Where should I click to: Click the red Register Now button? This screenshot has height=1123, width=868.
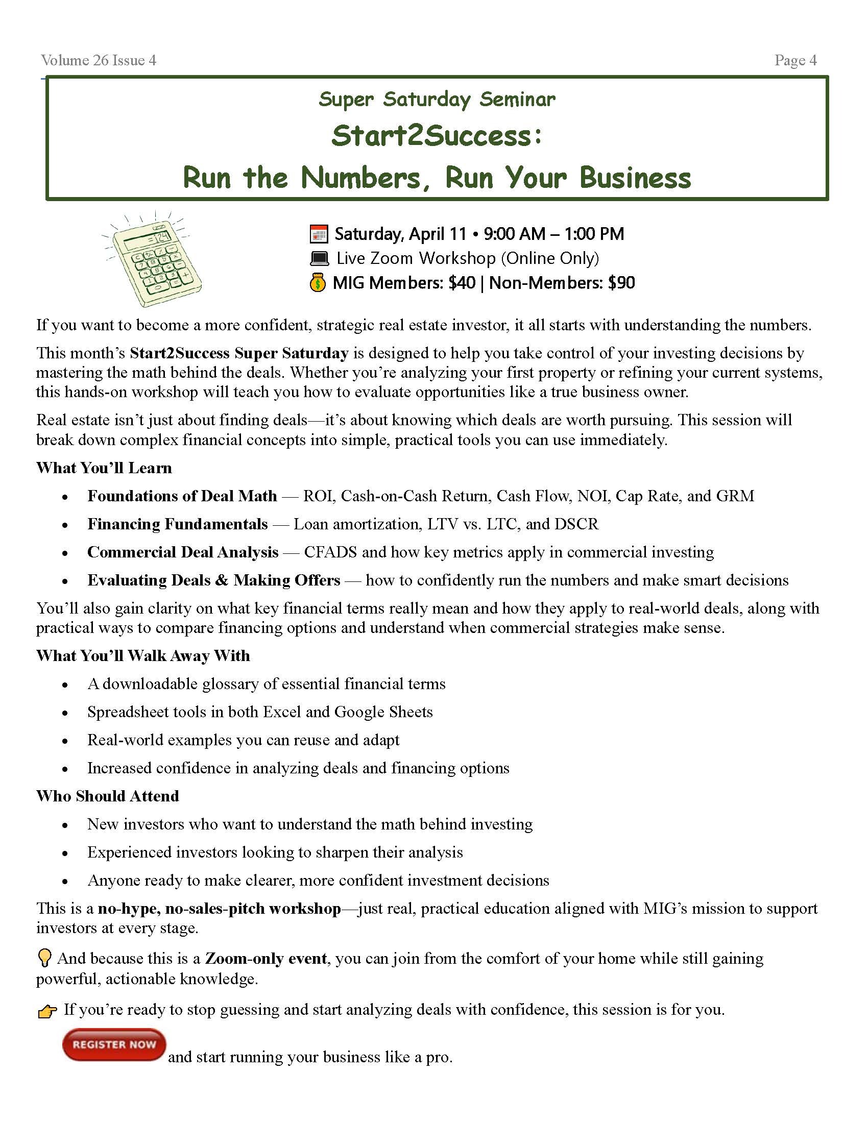[114, 1044]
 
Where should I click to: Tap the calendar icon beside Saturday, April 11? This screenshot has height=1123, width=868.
[319, 234]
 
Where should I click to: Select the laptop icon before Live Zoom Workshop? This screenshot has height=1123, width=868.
[319, 258]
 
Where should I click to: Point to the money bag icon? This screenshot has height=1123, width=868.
[318, 283]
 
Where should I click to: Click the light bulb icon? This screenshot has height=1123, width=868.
[45, 958]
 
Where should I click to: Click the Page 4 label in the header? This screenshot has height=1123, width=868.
[795, 60]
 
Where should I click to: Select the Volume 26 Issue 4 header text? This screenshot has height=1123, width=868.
[99, 60]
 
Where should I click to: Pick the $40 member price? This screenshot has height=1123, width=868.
[462, 283]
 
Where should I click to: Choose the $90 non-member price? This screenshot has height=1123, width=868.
[621, 283]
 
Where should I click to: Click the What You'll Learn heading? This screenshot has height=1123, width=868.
[104, 468]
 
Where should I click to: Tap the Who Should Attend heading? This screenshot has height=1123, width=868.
[107, 796]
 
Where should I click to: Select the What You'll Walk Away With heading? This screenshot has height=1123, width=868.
[143, 655]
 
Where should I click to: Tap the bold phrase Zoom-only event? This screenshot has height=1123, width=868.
[266, 959]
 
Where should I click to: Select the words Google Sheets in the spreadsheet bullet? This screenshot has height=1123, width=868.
[383, 712]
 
